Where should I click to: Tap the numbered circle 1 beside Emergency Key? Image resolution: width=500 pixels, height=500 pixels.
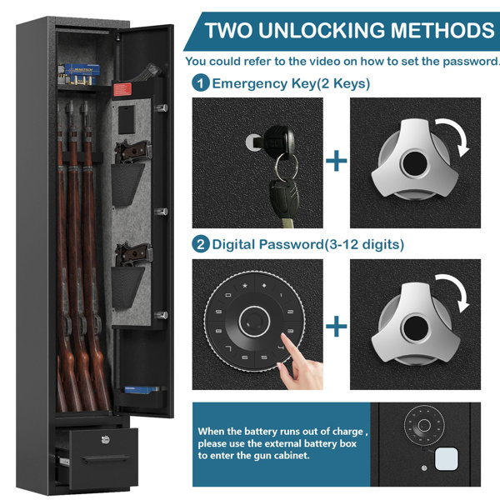click(201, 83)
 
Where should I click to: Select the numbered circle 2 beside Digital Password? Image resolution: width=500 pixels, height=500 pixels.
click(201, 244)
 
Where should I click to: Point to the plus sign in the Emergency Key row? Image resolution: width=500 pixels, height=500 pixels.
click(337, 161)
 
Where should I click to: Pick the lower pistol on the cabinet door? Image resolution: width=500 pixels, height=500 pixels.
click(133, 256)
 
